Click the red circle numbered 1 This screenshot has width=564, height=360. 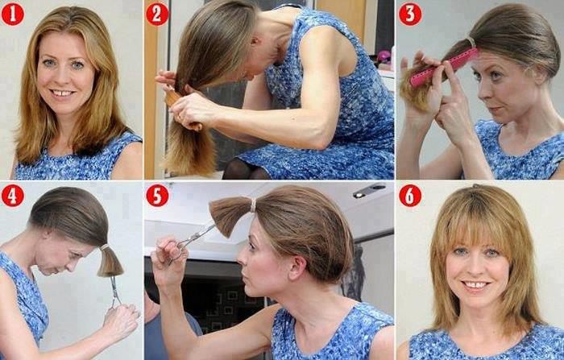(12, 14)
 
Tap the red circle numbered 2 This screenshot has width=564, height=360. (157, 14)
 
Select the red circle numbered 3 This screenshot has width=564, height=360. (410, 14)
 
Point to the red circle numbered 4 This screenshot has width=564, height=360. (12, 196)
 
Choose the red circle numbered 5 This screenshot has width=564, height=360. (157, 196)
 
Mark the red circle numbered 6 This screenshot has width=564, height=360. (410, 196)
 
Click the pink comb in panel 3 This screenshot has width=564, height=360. (444, 67)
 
